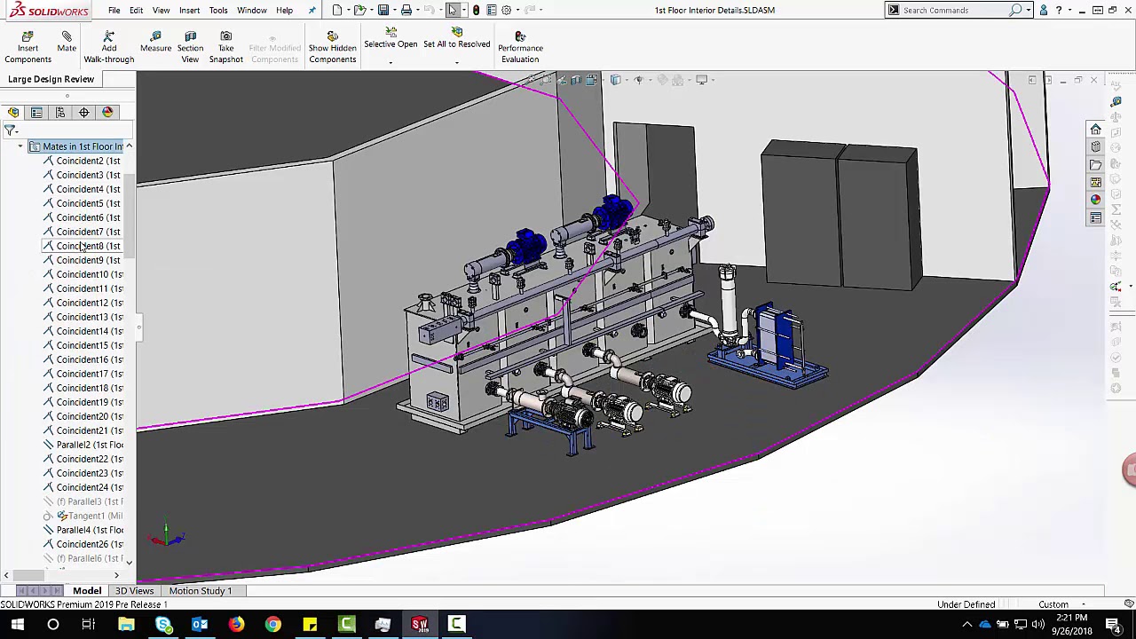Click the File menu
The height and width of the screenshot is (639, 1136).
114,11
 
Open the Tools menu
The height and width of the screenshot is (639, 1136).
218,11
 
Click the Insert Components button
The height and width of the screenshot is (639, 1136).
28,48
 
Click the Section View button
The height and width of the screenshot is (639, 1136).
190,48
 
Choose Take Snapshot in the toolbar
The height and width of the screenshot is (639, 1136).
225,48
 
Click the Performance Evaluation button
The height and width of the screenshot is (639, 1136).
520,48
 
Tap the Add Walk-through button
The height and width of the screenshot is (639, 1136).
108,48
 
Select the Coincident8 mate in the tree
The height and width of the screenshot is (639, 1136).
87,246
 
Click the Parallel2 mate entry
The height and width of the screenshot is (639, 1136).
89,445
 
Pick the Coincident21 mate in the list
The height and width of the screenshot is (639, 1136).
89,430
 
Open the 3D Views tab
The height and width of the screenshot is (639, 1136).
134,591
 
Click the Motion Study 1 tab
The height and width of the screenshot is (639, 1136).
200,591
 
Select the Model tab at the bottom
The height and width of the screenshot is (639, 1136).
87,591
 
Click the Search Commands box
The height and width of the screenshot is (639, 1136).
954,11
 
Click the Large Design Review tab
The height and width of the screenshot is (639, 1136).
51,79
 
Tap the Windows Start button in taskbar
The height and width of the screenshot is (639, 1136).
17,625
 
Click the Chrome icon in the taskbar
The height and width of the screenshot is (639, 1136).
272,625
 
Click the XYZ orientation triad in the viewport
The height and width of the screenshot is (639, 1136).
167,536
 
